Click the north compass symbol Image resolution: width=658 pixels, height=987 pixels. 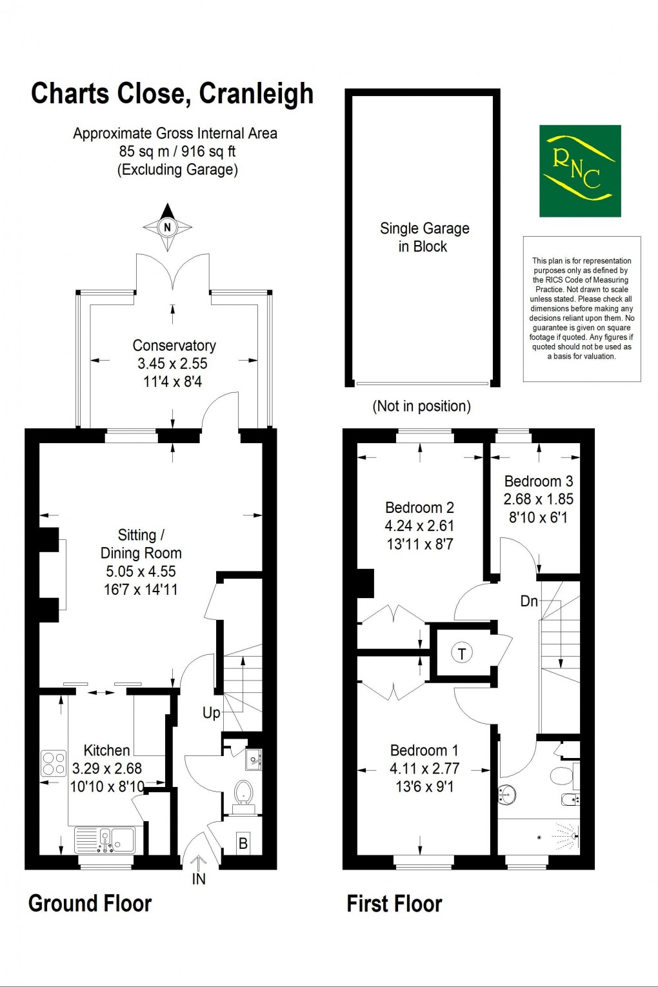(x=167, y=227)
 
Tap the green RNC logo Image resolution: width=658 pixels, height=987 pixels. (x=580, y=171)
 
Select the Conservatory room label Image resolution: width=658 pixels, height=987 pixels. (x=174, y=346)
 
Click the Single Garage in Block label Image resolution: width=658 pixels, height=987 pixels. (x=424, y=237)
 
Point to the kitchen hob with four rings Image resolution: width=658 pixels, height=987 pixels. (x=54, y=763)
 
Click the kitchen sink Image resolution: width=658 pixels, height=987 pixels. (x=114, y=839)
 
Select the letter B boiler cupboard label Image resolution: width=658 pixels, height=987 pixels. (x=243, y=844)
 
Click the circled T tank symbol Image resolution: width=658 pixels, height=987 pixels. (x=462, y=653)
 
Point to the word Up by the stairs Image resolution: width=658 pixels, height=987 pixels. (x=211, y=713)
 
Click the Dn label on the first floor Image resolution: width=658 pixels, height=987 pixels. (x=529, y=601)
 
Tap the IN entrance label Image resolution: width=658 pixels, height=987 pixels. (x=199, y=879)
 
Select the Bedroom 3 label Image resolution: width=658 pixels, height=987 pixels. (x=538, y=481)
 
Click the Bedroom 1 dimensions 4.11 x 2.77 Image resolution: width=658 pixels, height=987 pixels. (x=424, y=768)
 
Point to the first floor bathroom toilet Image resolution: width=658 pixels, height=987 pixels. (x=560, y=774)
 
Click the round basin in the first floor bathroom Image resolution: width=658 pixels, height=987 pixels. (x=508, y=794)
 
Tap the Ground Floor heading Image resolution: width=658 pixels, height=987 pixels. (x=90, y=904)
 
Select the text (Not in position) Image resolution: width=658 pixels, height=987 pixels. (x=422, y=406)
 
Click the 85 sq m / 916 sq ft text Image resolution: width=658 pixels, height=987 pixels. (x=177, y=152)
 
